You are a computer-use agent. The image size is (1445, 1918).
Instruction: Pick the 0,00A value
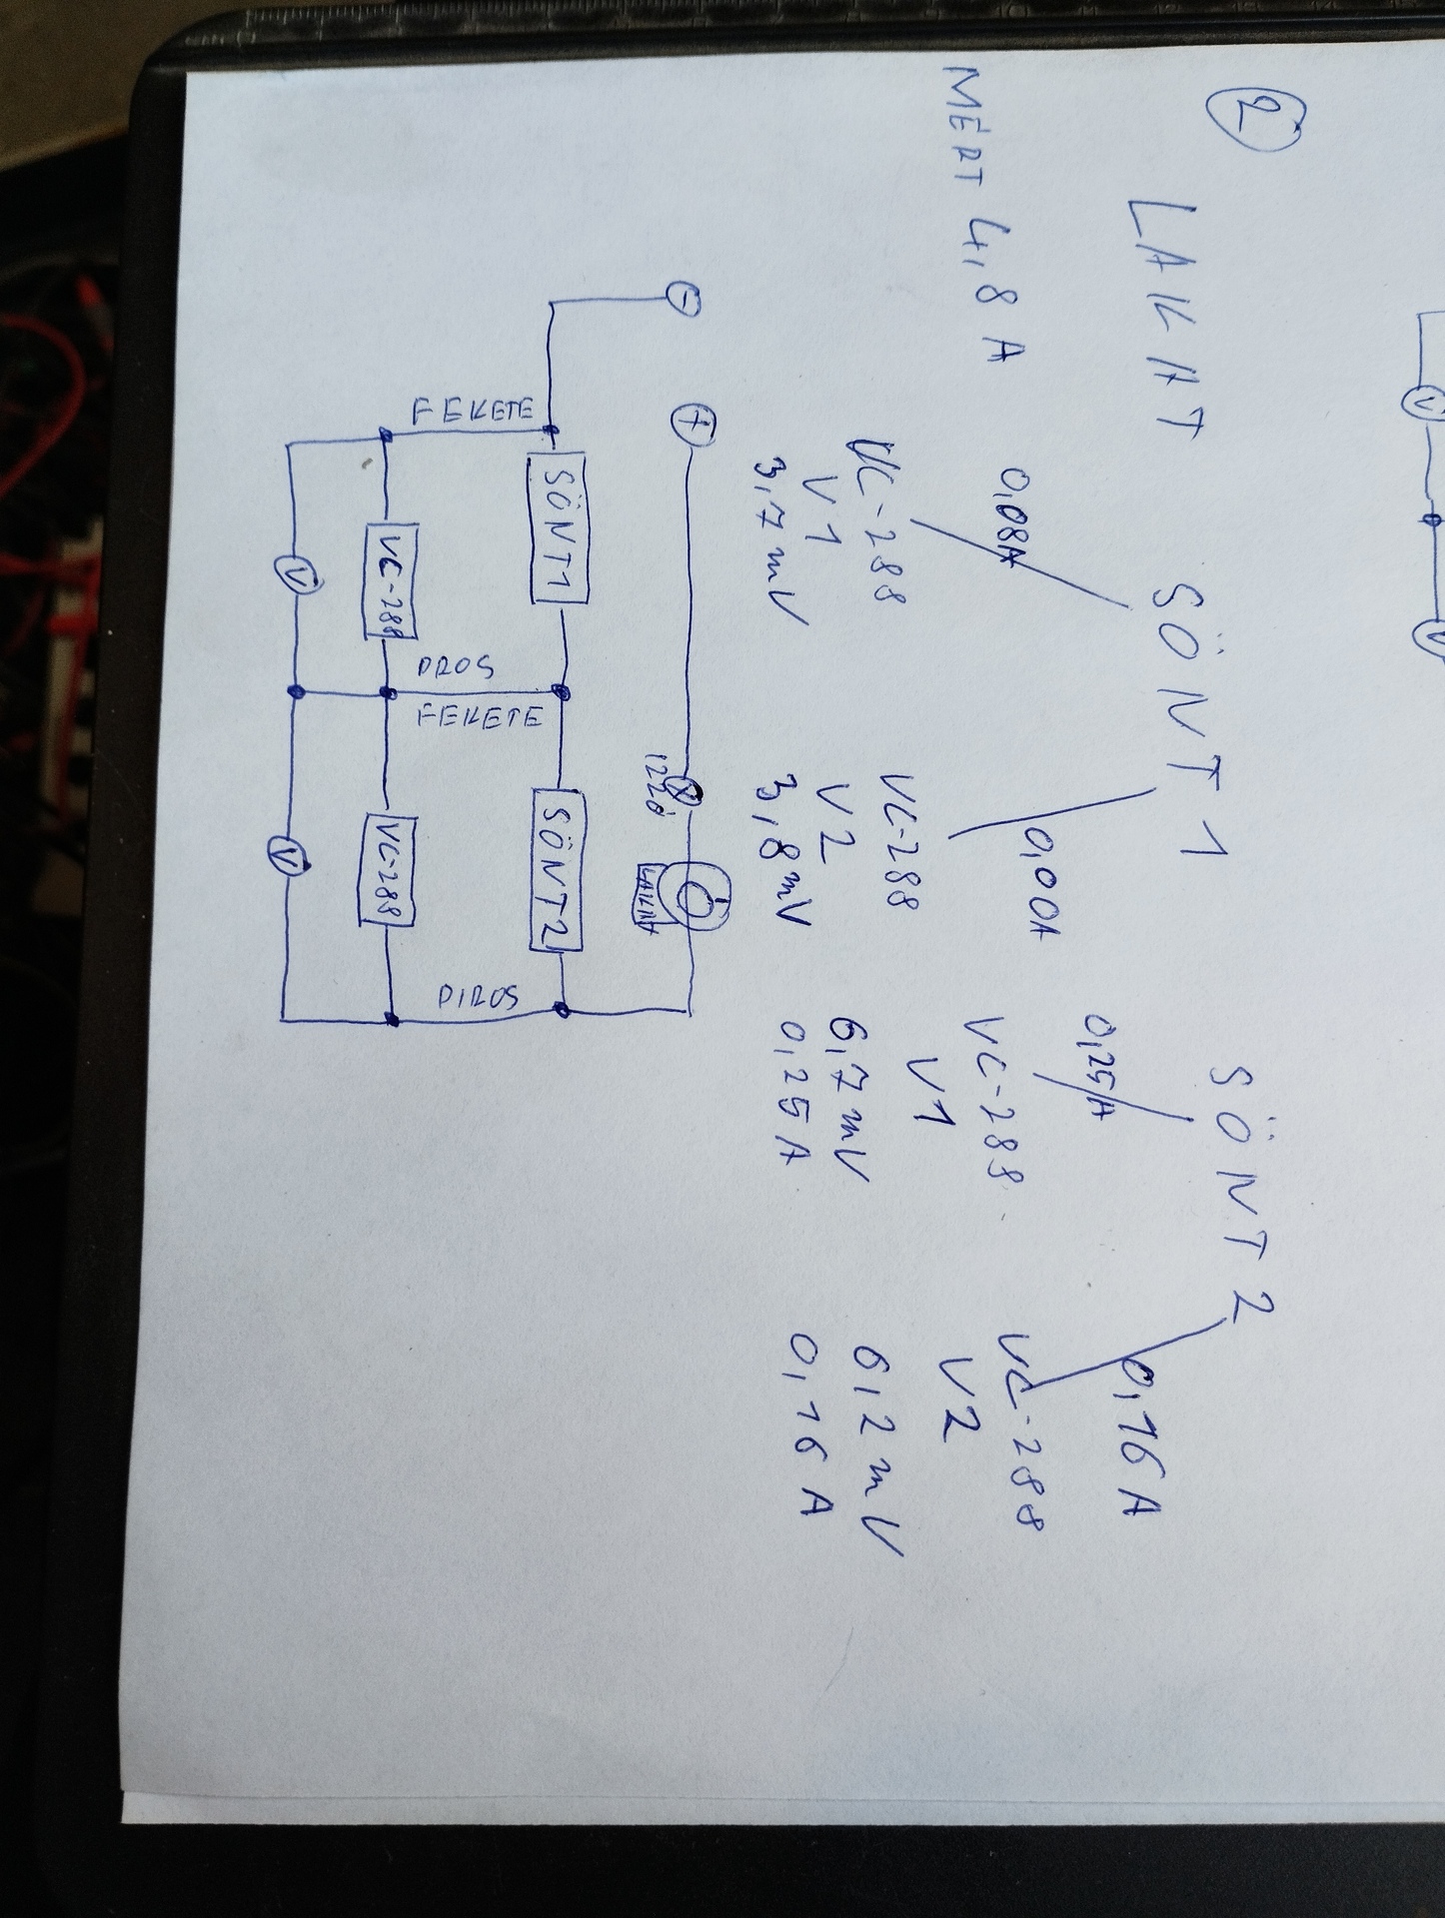[x=1023, y=884]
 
